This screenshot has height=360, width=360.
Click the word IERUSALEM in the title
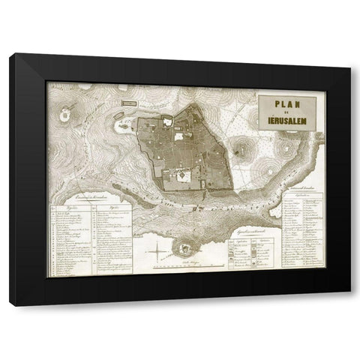pyautogui.click(x=290, y=119)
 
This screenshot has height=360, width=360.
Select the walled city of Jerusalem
pyautogui.click(x=180, y=150)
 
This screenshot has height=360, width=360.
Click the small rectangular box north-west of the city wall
pyautogui.click(x=128, y=102)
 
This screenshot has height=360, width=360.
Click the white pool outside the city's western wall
pyautogui.click(x=123, y=128)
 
